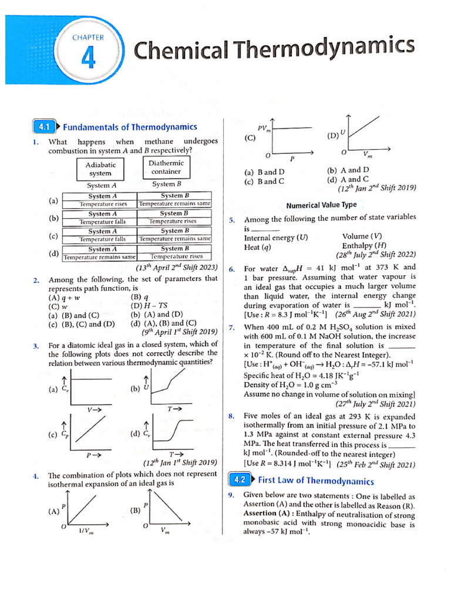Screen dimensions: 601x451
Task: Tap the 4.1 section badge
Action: [x=43, y=127]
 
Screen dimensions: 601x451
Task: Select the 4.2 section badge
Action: [x=239, y=480]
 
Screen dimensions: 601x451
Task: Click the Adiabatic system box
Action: [x=100, y=169]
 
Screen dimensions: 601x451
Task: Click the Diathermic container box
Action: [x=166, y=167]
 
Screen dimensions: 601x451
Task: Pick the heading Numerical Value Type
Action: [x=321, y=205]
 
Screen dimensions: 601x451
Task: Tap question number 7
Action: [x=232, y=327]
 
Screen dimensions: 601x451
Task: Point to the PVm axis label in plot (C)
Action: [x=264, y=129]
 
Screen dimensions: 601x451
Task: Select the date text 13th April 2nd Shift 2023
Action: [x=176, y=267]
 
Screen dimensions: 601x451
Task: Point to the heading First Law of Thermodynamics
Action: [x=316, y=481]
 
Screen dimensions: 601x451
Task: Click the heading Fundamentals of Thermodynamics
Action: [x=130, y=127]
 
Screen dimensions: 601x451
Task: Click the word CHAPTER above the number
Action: [x=88, y=37]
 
